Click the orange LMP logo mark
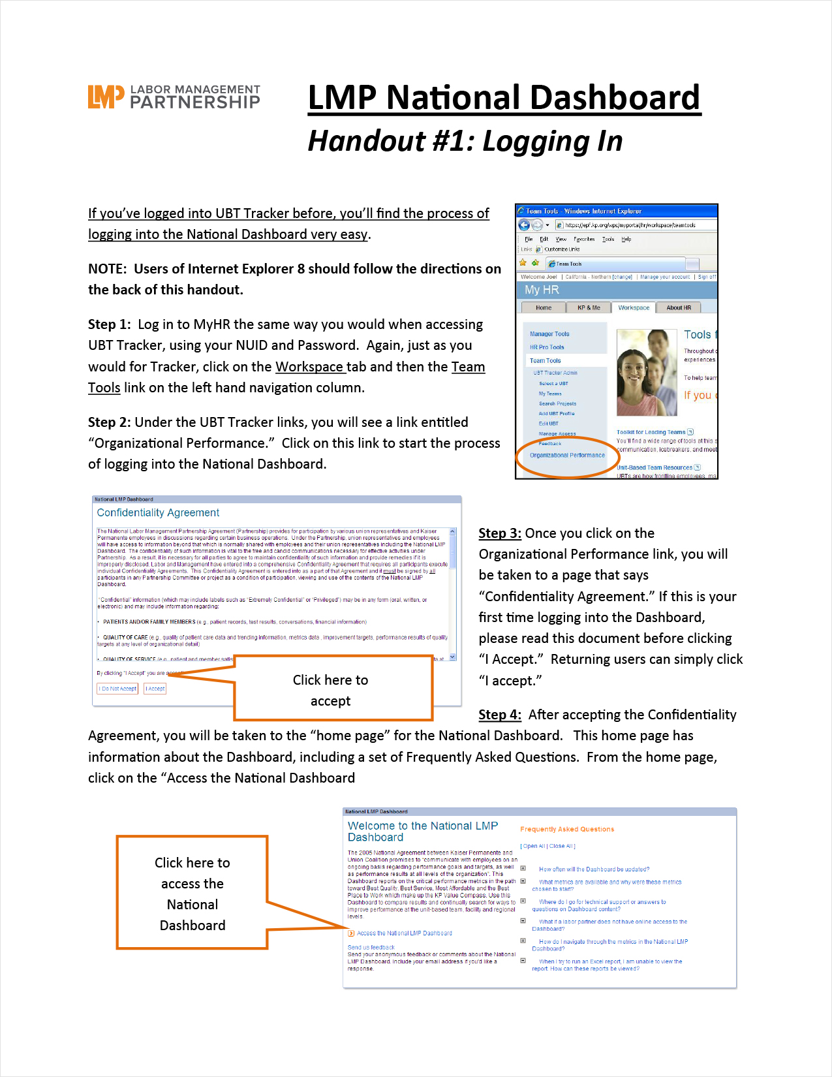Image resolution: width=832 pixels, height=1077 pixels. click(x=106, y=97)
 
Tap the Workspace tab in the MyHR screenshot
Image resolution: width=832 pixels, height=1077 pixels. click(x=634, y=307)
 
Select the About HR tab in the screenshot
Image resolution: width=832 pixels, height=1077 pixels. click(x=679, y=307)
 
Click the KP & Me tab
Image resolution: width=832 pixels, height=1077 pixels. click(x=589, y=307)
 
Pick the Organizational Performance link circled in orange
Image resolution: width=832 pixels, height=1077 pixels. click(x=567, y=455)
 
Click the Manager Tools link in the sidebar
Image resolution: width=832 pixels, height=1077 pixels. click(x=549, y=334)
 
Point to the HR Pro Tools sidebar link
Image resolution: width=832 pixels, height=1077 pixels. click(x=547, y=347)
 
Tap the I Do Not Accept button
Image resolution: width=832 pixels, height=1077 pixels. click(x=118, y=689)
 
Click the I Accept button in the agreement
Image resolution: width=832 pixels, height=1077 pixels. click(x=155, y=689)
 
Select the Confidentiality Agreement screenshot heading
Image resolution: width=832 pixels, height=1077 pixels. click(x=158, y=513)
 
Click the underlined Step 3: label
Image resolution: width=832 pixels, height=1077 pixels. click(x=500, y=533)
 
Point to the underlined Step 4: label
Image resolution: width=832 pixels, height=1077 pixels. click(x=500, y=715)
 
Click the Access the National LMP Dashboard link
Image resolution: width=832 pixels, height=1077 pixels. click(x=404, y=933)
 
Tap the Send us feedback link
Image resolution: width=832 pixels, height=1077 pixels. click(x=371, y=947)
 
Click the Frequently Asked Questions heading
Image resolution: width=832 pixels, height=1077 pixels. click(x=567, y=830)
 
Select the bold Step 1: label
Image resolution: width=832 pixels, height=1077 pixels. click(x=110, y=324)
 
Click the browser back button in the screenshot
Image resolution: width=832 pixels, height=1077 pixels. click(x=524, y=225)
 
